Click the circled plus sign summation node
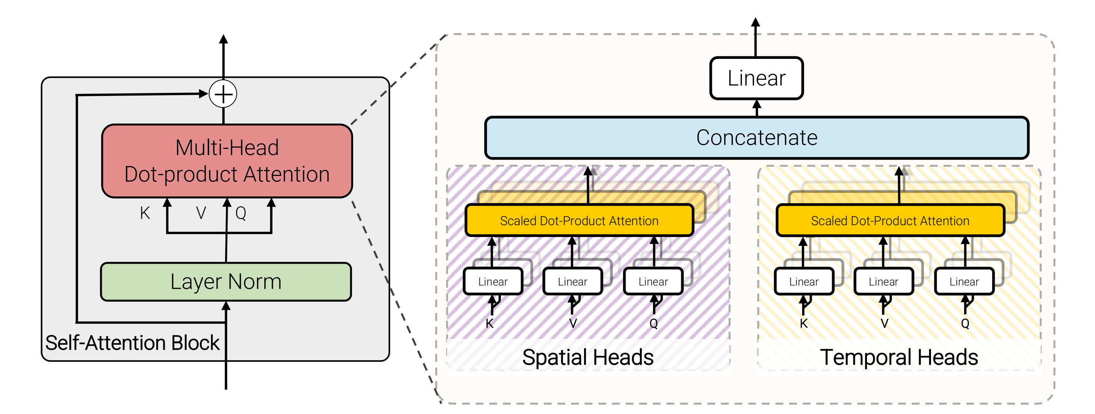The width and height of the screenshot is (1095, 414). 223,94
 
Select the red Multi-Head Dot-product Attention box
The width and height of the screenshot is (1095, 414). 227,161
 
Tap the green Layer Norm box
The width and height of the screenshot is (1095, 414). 226,282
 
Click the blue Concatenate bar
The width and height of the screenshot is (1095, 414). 756,138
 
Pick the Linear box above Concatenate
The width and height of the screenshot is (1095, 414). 756,78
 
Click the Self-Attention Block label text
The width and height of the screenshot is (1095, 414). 132,343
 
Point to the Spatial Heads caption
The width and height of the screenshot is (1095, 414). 587,357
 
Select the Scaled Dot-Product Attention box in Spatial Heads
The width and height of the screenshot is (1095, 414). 579,221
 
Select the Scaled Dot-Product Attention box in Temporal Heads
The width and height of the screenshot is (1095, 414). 890,221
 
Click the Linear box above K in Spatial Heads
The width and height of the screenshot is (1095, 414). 493,281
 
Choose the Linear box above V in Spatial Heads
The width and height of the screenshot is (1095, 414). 573,281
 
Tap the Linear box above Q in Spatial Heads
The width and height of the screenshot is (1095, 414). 653,281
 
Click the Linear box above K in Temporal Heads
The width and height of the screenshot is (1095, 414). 803,281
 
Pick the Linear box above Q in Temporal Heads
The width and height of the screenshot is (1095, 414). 964,281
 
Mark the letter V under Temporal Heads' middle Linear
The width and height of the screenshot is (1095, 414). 884,324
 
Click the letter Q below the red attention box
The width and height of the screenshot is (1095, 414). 241,213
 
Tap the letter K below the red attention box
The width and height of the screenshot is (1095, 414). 145,213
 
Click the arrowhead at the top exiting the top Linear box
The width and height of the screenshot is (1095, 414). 756,22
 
